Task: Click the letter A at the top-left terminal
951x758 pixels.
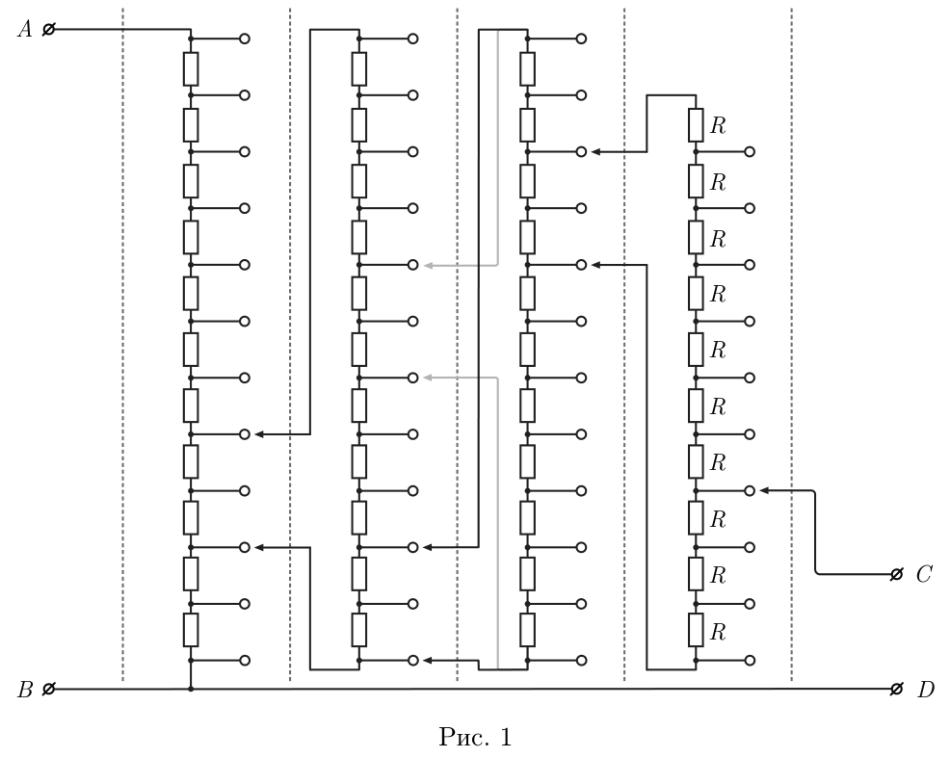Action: pos(25,29)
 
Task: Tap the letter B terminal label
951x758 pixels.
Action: pos(25,690)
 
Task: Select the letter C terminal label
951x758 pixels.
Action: pos(924,574)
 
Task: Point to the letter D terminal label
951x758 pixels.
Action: pos(926,690)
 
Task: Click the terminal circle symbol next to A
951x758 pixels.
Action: pos(48,29)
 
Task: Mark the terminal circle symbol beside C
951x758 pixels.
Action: pos(896,574)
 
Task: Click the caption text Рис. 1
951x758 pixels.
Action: pos(476,738)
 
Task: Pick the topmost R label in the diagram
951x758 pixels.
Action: pos(718,125)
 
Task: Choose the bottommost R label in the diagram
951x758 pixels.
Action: pos(718,633)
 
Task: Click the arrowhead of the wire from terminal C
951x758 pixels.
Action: pos(764,490)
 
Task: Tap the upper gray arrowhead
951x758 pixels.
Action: pos(428,265)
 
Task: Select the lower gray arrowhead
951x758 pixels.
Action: pos(428,378)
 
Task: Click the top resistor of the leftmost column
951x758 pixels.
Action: pos(191,68)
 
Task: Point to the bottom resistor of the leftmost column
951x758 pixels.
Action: pos(191,630)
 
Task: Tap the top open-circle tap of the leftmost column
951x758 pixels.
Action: pos(245,39)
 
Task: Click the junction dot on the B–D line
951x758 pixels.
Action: pos(191,689)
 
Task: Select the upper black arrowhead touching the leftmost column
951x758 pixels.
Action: pos(259,434)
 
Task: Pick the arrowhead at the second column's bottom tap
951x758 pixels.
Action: pos(428,661)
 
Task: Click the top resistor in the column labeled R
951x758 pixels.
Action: pos(696,125)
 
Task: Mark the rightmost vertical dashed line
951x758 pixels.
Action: pos(791,345)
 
